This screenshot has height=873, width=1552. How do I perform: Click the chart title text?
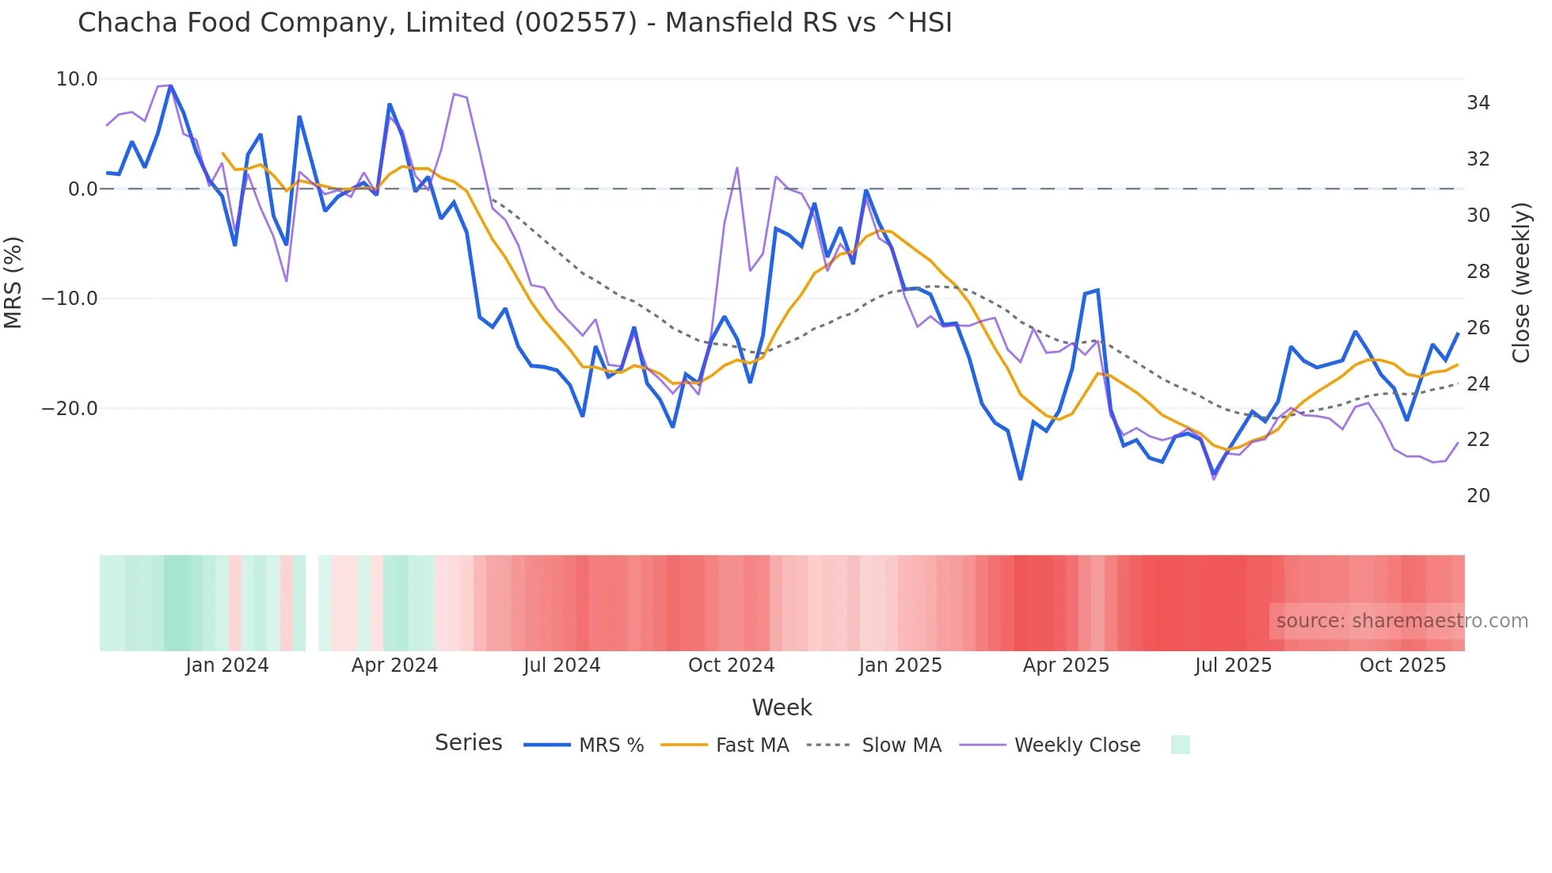515,23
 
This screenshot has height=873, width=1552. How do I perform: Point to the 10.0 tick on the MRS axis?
77,79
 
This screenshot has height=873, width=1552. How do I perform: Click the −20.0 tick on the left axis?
70,409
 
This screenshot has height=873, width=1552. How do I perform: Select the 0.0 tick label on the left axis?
82,189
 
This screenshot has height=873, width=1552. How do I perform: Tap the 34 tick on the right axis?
1478,103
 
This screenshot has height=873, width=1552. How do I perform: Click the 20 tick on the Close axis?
1478,496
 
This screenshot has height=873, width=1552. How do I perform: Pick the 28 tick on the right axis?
1478,272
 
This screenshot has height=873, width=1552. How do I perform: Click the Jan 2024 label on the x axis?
227,665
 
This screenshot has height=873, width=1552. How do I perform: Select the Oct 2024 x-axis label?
731,665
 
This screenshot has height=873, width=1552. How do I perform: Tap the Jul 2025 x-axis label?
1233,665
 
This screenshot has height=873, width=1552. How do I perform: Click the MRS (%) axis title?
13,283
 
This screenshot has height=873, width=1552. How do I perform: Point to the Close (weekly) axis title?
1520,283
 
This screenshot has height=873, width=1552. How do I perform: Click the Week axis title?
782,707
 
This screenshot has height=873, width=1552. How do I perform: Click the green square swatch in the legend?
1180,745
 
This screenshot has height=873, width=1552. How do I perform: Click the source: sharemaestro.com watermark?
1402,621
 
